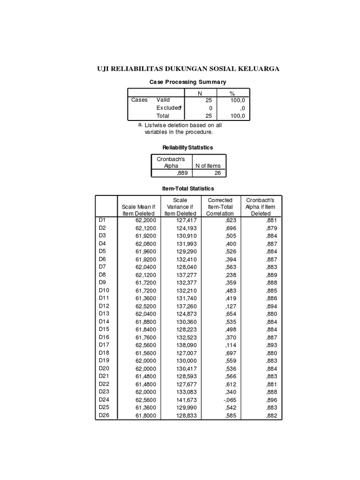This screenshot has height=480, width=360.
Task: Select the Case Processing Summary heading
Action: (x=187, y=82)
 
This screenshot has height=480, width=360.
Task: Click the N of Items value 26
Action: (x=216, y=173)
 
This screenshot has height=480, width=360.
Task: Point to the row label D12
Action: (x=104, y=306)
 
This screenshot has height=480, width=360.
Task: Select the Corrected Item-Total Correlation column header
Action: (x=220, y=207)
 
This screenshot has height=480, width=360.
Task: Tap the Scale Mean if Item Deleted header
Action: (x=136, y=210)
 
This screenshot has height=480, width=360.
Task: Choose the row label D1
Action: (x=102, y=219)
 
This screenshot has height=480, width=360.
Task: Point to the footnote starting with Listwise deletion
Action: (x=183, y=128)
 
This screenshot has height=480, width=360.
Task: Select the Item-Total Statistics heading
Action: (x=187, y=188)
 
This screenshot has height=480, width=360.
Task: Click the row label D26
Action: (x=104, y=415)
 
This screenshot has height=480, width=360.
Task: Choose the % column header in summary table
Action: (x=232, y=92)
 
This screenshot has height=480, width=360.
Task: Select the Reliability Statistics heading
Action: (x=187, y=148)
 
